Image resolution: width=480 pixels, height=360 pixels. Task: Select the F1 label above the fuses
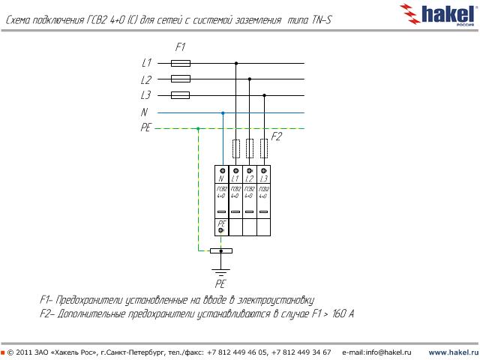tap(180, 47)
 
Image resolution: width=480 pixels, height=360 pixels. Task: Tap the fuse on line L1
tap(181, 64)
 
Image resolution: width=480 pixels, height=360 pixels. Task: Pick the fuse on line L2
tap(181, 79)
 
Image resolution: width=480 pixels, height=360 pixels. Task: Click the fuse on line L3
tap(181, 95)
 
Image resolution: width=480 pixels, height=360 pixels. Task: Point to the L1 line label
tap(146, 64)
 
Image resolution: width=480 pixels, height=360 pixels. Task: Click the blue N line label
tap(144, 112)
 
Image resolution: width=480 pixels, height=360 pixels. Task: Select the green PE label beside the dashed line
tap(145, 128)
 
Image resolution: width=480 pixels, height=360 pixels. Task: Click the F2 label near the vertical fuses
tap(276, 136)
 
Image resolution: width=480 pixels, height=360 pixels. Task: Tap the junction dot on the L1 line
tap(237, 64)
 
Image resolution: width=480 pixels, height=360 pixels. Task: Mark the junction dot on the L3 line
tap(263, 95)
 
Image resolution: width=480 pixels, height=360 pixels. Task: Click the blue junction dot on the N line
tap(223, 112)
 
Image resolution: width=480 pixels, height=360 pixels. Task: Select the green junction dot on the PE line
tap(198, 128)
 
